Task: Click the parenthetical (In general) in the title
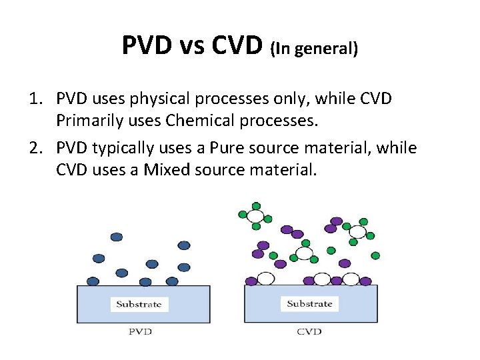[x=314, y=49]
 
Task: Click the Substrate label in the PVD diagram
[x=139, y=305]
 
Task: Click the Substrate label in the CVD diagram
[x=309, y=304]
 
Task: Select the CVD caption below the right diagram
[x=309, y=331]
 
